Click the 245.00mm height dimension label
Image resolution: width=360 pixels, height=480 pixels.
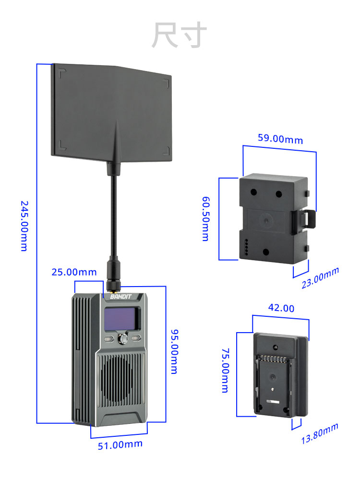point(24,226)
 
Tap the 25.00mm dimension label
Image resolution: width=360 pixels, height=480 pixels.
point(74,272)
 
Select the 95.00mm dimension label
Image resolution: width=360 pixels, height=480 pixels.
point(174,351)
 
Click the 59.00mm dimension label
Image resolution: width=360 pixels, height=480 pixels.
point(280,139)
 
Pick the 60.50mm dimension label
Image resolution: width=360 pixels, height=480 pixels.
point(205,218)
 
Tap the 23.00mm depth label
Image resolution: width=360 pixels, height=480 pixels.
point(320,278)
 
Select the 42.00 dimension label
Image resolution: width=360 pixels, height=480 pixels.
point(281,308)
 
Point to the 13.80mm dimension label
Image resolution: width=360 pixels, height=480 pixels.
point(320,433)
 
